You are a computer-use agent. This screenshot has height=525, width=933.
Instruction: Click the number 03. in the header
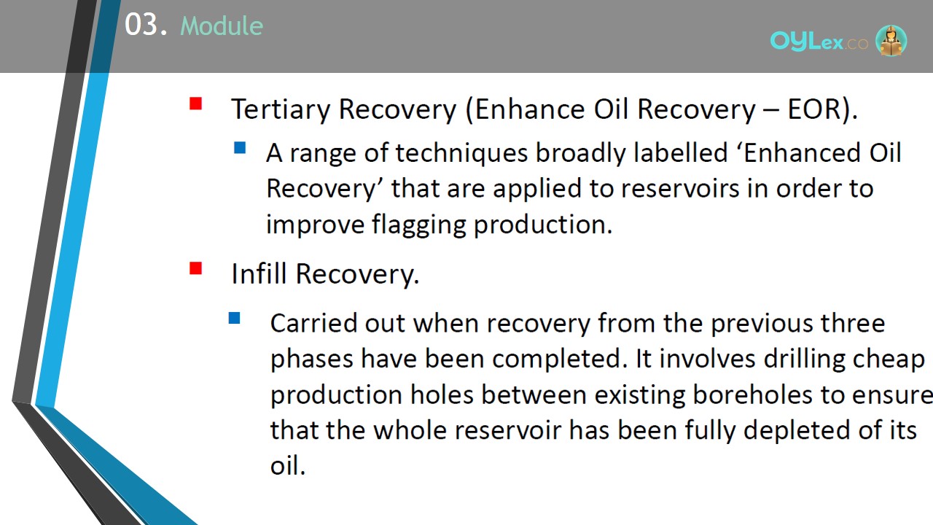coord(146,25)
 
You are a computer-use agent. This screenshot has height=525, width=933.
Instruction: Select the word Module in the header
coord(222,26)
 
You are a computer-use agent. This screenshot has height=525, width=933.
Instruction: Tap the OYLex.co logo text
coord(819,42)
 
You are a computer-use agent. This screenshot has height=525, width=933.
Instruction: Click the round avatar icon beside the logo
coord(891,40)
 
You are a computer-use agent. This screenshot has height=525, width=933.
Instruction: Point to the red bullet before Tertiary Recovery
coord(195,104)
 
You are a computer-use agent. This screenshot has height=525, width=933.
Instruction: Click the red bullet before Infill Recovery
coord(195,268)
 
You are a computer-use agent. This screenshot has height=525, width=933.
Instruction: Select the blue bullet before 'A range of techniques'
coord(240,147)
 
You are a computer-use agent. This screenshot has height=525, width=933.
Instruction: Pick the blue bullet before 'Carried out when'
coord(235,319)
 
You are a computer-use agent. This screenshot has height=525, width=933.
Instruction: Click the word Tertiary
coord(281,110)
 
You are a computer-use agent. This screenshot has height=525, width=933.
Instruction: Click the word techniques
coord(461,153)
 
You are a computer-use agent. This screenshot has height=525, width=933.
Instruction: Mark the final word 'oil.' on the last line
coord(288,465)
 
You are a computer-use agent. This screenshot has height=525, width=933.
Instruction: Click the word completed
coord(560,360)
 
